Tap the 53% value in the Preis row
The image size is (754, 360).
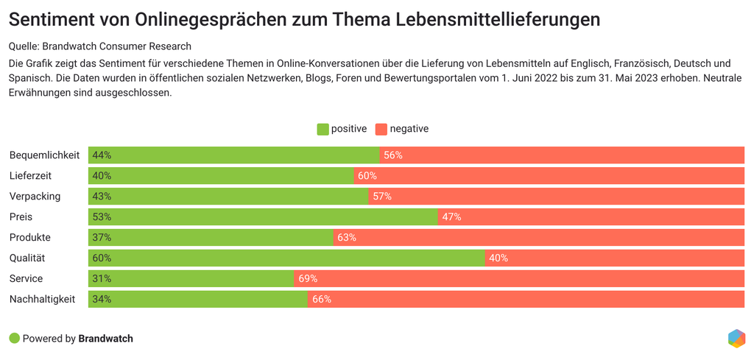(102, 217)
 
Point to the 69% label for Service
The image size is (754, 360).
(308, 278)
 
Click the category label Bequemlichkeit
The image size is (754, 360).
(44, 155)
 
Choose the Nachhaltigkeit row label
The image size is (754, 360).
(42, 299)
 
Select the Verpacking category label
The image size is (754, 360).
(35, 197)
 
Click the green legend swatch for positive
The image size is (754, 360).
(323, 129)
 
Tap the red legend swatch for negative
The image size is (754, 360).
(381, 129)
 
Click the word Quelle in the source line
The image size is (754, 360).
(24, 46)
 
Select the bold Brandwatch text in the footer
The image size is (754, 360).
(105, 339)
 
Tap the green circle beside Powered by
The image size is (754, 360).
(14, 339)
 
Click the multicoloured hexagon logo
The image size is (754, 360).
(736, 338)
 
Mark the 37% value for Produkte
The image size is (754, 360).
(102, 238)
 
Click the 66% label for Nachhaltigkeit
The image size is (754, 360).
(322, 299)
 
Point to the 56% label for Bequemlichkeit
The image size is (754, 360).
(393, 155)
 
